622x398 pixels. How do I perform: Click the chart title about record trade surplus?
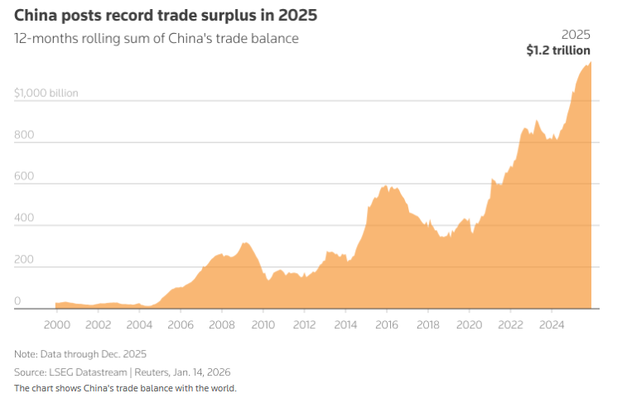165,16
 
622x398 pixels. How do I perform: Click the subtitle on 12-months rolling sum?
156,38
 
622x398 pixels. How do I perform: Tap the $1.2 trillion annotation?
558,50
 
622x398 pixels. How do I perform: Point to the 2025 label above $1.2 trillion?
576,35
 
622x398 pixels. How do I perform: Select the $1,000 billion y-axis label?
46,93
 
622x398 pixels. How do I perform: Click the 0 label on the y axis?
17,300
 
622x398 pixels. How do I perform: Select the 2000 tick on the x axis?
56,324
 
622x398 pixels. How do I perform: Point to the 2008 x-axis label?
221,324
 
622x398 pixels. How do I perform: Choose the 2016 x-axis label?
386,324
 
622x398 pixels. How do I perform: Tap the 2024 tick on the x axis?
551,324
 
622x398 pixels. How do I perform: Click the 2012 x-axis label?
303,324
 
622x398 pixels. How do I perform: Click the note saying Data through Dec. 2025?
80,353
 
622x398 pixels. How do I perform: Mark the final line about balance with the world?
124,387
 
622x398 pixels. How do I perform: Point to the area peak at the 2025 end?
590,64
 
